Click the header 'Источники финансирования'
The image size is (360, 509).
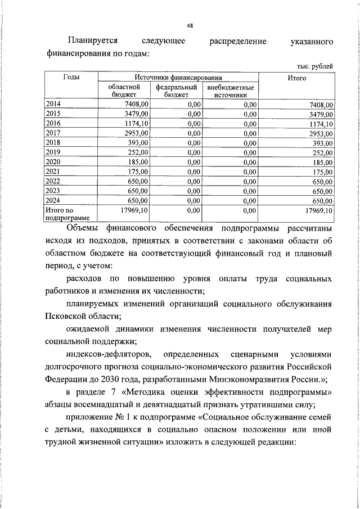(178, 78)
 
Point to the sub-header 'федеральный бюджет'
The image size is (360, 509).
(176, 92)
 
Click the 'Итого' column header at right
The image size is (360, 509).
(296, 78)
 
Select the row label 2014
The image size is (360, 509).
(55, 104)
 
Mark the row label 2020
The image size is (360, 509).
(55, 162)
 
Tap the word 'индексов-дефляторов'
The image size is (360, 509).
(108, 354)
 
